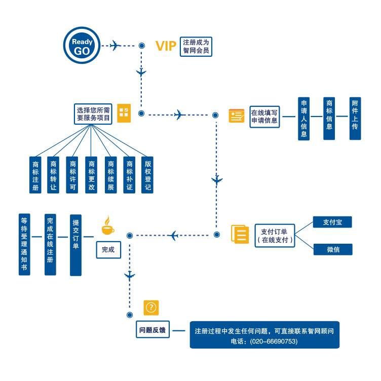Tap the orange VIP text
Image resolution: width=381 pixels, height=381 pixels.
[x=166, y=47]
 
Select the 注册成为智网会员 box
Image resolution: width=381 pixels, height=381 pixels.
[x=196, y=46]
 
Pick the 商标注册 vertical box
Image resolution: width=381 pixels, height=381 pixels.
[x=35, y=174]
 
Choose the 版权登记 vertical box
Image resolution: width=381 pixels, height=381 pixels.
[x=147, y=174]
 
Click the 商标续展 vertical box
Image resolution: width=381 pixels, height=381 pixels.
[x=110, y=174]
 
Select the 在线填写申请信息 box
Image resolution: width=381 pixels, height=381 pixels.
[x=264, y=117]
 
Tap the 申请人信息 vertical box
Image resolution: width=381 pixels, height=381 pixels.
[x=303, y=119]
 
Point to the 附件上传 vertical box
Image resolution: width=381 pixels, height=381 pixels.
[x=355, y=119]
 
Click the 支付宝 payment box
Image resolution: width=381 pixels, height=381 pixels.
[x=332, y=222]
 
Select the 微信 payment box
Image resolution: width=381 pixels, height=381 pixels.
[x=332, y=249]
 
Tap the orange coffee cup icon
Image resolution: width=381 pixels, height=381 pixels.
[x=107, y=226]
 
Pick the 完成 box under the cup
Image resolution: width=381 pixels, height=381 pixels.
[x=108, y=249]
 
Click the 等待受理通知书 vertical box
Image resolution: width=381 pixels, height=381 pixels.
[x=24, y=244]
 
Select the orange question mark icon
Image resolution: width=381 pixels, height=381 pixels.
[x=151, y=308]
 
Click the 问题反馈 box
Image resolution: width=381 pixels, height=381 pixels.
[x=153, y=330]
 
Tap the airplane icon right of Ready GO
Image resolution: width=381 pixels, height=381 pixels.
[x=116, y=46]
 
